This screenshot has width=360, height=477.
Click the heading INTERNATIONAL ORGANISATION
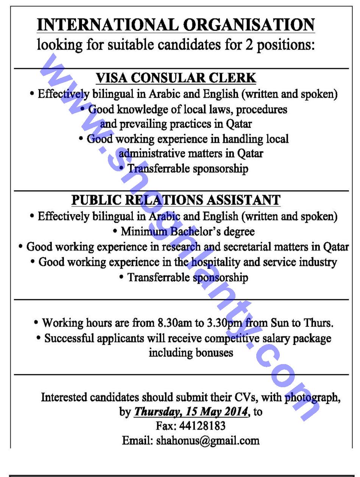coord(176,25)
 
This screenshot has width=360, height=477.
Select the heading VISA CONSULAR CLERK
coord(176,78)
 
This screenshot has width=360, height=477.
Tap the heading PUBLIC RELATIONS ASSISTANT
coord(176,200)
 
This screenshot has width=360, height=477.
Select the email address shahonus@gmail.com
coord(208,441)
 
